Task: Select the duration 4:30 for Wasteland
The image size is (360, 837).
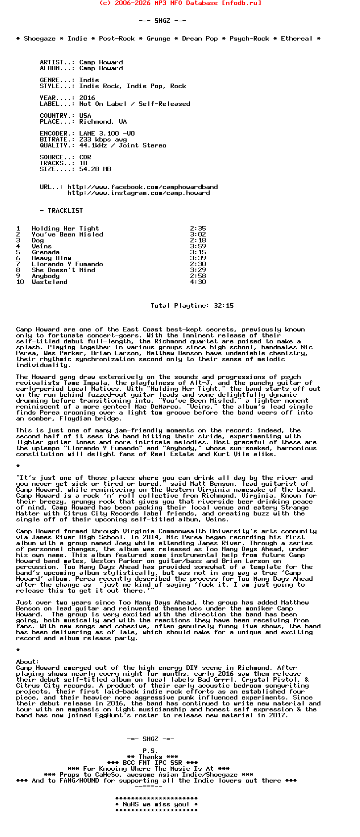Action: point(198,282)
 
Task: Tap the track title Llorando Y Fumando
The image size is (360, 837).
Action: point(67,264)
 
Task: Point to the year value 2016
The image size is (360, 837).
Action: point(87,98)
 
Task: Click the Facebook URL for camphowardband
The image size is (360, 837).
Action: point(142,187)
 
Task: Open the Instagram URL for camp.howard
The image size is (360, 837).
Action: point(138,193)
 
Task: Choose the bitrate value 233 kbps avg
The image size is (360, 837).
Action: point(103,139)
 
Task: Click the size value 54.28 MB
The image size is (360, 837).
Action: point(95,169)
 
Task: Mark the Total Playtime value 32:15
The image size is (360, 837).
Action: point(224,306)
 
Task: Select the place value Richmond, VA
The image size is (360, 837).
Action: point(103,122)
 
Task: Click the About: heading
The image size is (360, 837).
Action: point(28,662)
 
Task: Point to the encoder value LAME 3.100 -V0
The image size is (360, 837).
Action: point(107,134)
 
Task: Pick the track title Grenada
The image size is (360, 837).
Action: point(45,252)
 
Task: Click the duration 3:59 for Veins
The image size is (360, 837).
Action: point(198,246)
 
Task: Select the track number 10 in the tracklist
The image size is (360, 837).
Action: point(20,282)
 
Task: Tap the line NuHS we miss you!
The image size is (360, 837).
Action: point(156,804)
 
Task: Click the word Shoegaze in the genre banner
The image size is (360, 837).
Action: point(40,39)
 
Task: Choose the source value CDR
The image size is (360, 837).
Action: point(85,157)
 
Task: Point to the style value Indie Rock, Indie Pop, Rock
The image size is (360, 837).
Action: point(133,86)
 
